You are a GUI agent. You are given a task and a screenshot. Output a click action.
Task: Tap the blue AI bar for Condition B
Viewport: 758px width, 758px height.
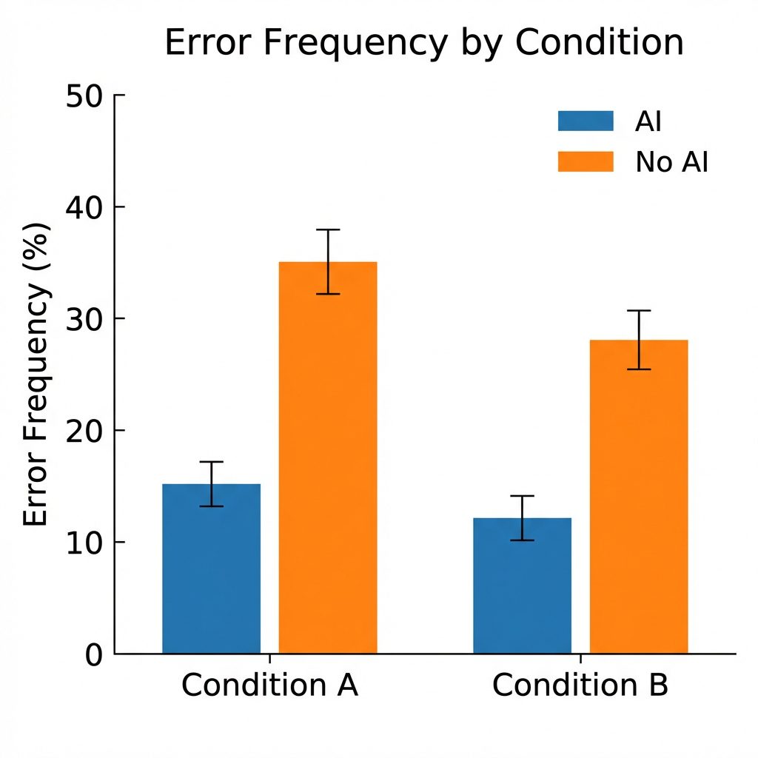(x=522, y=586)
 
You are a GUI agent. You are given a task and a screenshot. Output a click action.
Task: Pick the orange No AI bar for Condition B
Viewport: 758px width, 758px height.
(x=638, y=497)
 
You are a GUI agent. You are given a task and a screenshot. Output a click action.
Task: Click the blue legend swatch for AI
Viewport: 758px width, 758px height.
(x=586, y=121)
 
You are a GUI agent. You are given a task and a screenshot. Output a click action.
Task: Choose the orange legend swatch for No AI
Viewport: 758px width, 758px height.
(x=586, y=161)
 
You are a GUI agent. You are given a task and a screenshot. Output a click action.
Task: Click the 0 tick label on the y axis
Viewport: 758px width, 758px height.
(x=94, y=654)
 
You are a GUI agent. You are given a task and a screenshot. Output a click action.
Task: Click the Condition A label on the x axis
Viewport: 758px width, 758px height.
(x=269, y=686)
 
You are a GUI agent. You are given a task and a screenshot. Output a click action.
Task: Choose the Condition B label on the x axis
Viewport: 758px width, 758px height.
(x=580, y=686)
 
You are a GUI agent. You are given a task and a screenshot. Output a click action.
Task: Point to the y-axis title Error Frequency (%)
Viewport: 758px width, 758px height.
(x=36, y=374)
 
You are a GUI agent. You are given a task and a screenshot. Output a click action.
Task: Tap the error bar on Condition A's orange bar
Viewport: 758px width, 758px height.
(x=327, y=261)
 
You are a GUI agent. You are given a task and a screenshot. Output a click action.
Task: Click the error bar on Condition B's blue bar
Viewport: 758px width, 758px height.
(x=522, y=517)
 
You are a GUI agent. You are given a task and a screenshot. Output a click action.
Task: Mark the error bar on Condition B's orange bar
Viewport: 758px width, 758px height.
(x=638, y=340)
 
